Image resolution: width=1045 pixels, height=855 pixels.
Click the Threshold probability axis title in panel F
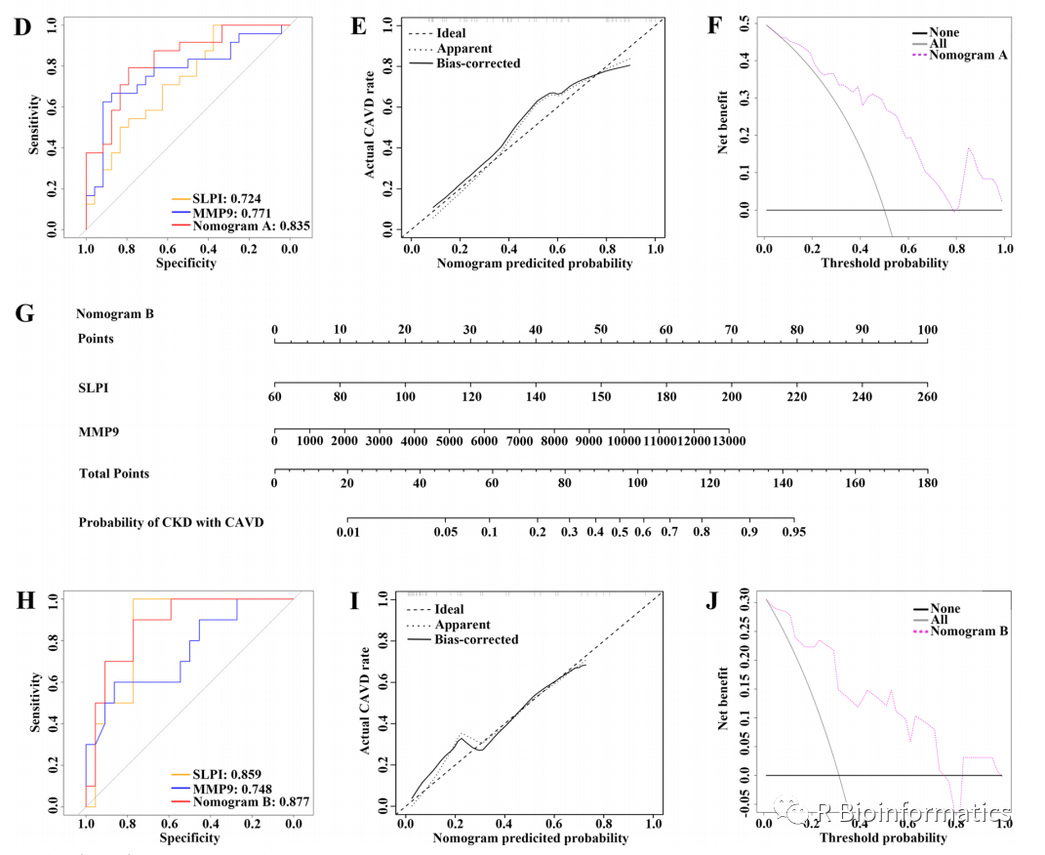[x=884, y=263]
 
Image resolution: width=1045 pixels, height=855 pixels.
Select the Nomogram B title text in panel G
[x=115, y=314]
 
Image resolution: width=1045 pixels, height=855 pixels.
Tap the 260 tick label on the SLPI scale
[x=927, y=397]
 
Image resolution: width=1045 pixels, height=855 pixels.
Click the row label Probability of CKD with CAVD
[x=171, y=522]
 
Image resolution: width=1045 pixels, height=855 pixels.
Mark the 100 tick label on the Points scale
[x=927, y=330]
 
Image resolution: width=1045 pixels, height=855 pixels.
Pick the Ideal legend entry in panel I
[x=449, y=610]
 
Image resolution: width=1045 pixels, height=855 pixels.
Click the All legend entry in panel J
[x=940, y=620]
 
